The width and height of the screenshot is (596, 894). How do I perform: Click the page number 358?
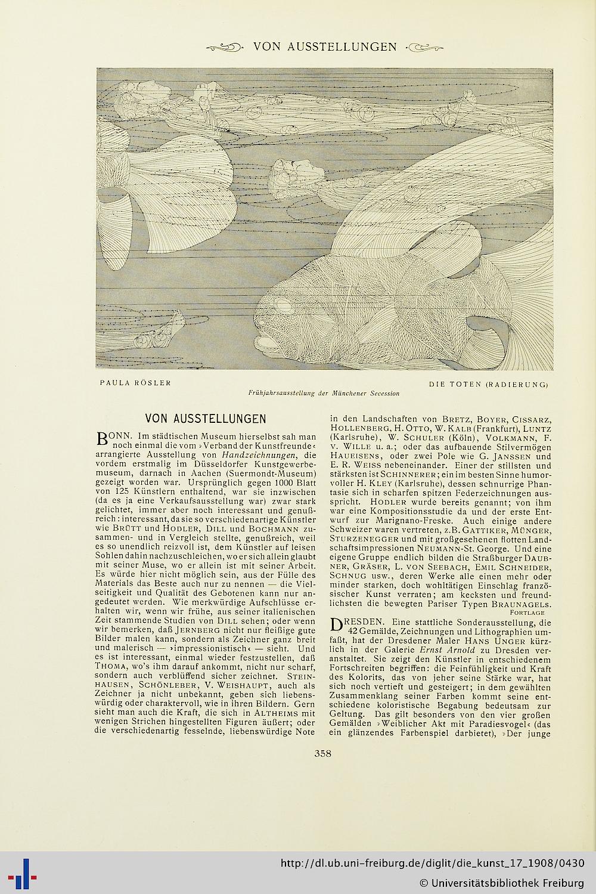(322, 753)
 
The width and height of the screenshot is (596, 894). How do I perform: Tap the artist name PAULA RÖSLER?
(135, 383)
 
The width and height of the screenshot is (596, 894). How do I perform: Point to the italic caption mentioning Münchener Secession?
(324, 393)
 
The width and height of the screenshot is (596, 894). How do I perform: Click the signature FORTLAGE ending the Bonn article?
(527, 613)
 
